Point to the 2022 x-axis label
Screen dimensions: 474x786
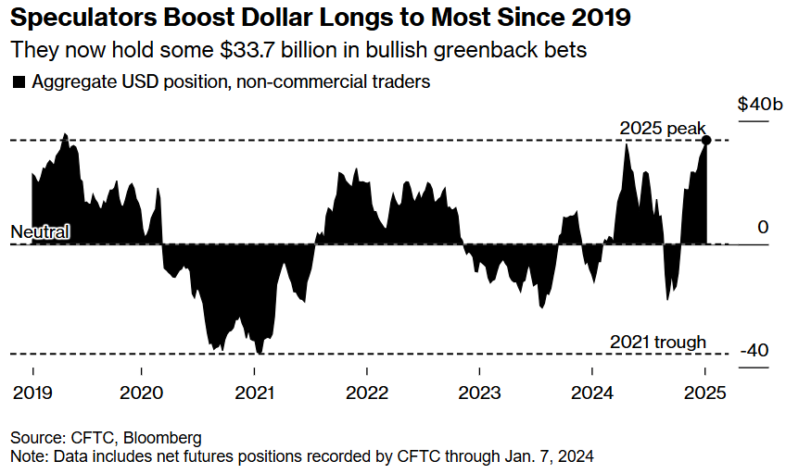point(367,392)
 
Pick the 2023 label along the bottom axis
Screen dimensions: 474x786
point(480,392)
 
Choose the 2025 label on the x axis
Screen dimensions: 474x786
point(704,392)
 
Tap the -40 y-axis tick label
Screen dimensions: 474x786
point(754,352)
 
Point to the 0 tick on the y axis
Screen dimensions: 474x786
point(763,228)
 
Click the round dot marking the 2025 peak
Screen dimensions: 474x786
point(706,140)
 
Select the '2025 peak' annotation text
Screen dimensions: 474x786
point(663,128)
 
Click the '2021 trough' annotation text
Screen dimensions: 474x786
point(658,342)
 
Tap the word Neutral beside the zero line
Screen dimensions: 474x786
point(40,231)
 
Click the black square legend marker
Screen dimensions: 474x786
point(19,82)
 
